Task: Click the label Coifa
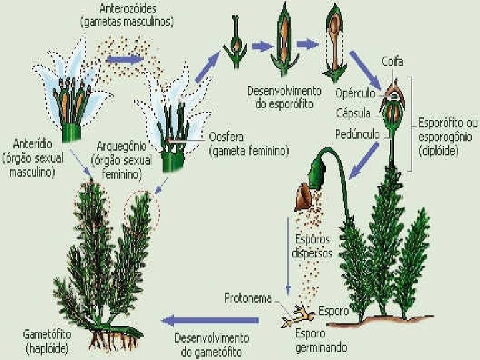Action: pyautogui.click(x=393, y=62)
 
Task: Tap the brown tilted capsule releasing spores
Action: pyautogui.click(x=307, y=194)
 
